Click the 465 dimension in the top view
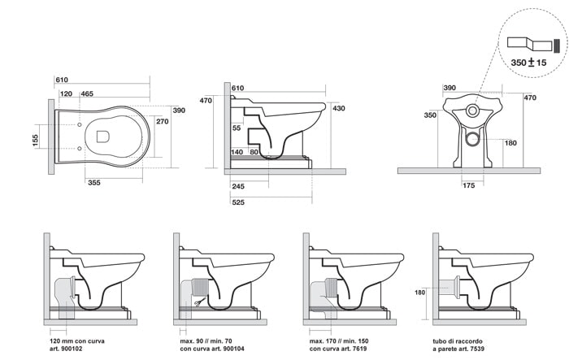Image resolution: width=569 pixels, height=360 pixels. click(x=87, y=93)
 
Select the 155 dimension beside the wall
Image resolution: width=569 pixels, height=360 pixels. click(x=35, y=140)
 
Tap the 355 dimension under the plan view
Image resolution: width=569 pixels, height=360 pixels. click(x=94, y=183)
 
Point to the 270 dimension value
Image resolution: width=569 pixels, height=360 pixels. click(x=163, y=121)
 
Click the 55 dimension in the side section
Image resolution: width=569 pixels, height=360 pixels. click(x=237, y=128)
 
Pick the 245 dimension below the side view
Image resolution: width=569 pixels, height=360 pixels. click(x=238, y=187)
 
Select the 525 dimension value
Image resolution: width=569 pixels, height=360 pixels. click(x=238, y=202)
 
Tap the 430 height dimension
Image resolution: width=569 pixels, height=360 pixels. click(x=339, y=108)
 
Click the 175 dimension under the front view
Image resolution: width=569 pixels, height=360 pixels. click(x=469, y=185)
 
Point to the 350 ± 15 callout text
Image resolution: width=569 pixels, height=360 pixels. click(x=528, y=63)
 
